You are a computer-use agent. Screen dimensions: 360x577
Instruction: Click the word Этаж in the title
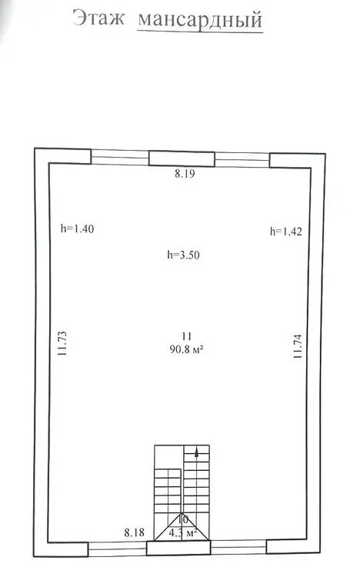click(98, 18)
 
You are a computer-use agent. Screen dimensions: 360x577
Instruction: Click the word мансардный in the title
click(200, 20)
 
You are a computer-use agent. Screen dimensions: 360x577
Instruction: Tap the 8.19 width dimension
click(185, 174)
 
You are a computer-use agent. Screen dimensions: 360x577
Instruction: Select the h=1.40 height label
click(77, 228)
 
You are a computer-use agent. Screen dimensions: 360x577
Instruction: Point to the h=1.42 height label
click(286, 231)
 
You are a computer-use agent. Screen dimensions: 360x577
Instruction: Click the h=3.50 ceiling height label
click(183, 255)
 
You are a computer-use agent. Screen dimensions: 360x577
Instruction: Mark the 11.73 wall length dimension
click(62, 343)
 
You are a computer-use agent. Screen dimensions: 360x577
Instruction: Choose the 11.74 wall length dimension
click(298, 346)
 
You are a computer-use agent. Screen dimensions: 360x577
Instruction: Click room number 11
click(187, 336)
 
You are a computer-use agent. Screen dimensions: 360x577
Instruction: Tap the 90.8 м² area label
click(187, 349)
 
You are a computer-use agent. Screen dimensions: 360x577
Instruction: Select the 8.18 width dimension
click(135, 532)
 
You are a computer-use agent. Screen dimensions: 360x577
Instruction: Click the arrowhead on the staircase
click(197, 452)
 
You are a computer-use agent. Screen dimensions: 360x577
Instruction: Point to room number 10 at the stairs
click(182, 519)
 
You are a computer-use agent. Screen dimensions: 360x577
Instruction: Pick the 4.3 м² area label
click(183, 532)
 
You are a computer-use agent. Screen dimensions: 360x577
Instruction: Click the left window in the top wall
click(120, 157)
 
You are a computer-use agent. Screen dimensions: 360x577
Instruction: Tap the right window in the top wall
click(242, 160)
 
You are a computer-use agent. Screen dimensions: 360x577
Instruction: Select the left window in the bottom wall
click(118, 549)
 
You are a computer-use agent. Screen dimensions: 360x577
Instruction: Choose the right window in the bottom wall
click(238, 547)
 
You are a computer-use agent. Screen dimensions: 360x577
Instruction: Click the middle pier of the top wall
click(182, 158)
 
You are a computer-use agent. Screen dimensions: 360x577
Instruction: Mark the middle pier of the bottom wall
click(178, 548)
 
